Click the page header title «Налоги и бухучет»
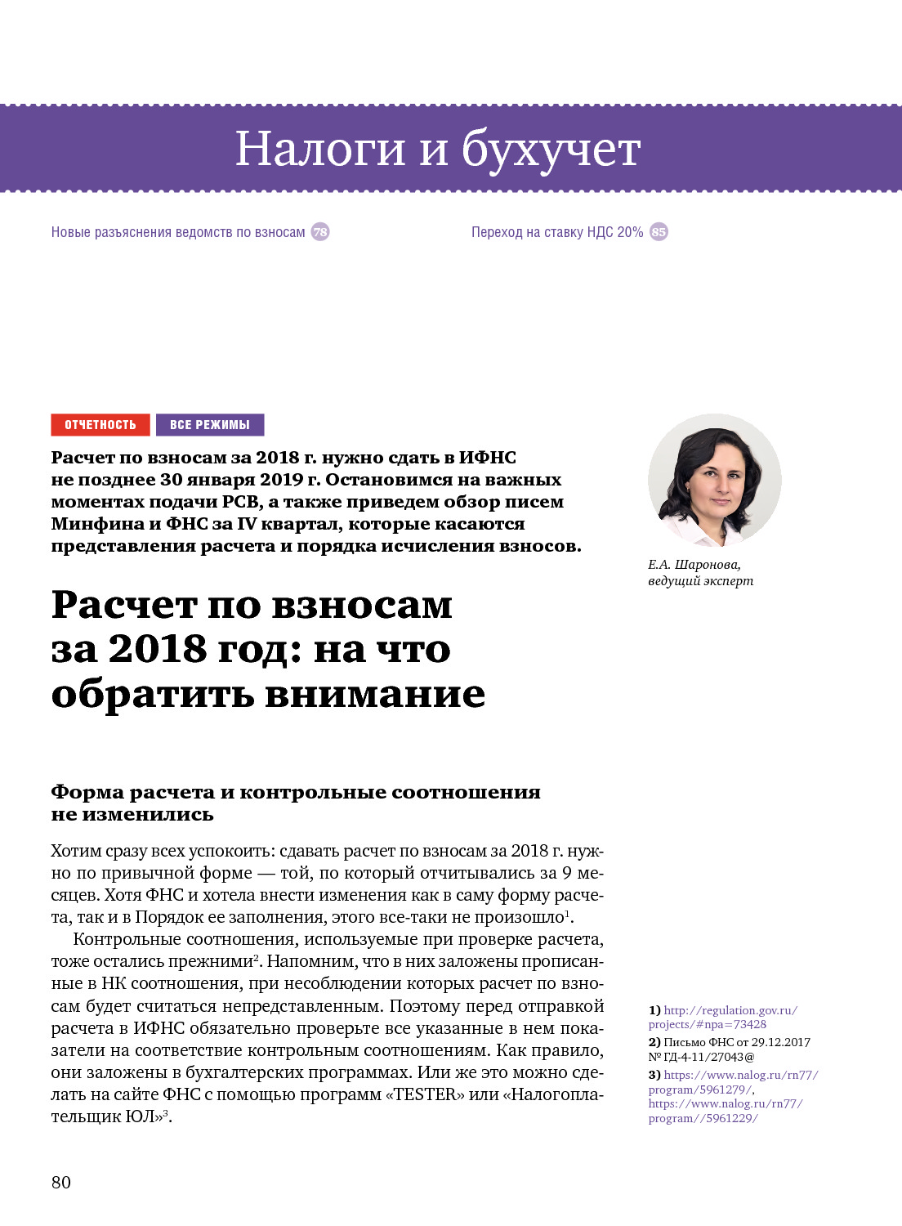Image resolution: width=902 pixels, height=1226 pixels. tap(437, 149)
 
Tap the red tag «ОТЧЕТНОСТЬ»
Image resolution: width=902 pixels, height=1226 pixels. tap(100, 425)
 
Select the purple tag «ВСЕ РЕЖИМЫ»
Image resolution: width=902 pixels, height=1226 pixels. tap(210, 425)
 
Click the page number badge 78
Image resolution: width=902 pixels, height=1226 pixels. tap(320, 232)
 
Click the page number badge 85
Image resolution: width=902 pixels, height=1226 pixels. tap(659, 232)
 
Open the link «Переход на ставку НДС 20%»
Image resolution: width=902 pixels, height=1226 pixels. tap(557, 232)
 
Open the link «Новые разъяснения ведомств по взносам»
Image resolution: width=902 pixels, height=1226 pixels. tap(178, 232)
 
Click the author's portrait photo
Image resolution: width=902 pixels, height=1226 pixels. tap(714, 481)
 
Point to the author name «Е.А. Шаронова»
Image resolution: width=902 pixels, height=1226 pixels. tap(694, 565)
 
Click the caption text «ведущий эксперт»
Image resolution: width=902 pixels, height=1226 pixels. tap(700, 581)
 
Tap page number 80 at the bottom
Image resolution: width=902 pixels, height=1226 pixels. tap(61, 1182)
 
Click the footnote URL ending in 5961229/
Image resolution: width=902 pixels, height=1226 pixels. tap(703, 1118)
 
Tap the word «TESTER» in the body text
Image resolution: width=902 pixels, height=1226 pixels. tap(424, 1094)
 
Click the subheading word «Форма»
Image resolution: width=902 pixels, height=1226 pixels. tap(87, 792)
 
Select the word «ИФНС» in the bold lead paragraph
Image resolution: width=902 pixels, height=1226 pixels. tap(487, 458)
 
